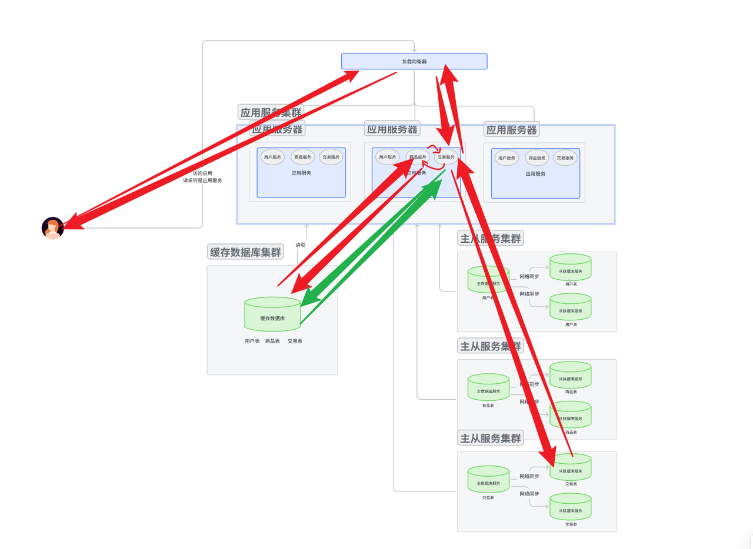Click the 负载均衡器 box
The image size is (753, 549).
point(414,61)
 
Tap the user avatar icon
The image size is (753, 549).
point(52,228)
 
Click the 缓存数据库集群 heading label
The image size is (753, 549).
point(245,252)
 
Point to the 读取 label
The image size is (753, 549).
point(300,245)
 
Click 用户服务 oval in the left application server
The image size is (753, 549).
point(272,157)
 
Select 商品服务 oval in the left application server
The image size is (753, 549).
point(302,157)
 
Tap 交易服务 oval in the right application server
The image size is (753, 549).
point(565,158)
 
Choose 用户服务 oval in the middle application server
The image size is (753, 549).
point(388,157)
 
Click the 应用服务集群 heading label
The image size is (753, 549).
point(271,112)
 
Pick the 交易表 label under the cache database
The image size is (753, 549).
point(295,341)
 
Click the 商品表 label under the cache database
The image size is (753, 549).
point(272,341)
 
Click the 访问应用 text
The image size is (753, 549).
point(202,173)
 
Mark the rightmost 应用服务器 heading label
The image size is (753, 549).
point(511,130)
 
